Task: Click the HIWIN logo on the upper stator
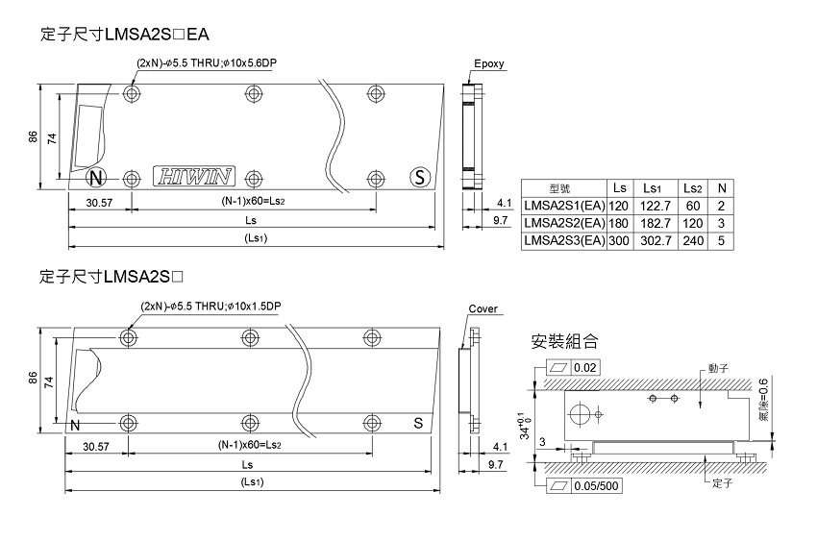click(x=193, y=178)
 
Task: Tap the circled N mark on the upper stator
click(x=95, y=178)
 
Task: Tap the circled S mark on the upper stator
click(x=419, y=178)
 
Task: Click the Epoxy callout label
click(x=488, y=65)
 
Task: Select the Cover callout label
click(x=483, y=309)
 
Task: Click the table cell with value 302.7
click(x=656, y=240)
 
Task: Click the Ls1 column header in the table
click(x=656, y=187)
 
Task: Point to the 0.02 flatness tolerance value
click(x=584, y=368)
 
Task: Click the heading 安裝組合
click(x=564, y=341)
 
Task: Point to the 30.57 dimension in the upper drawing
click(x=98, y=203)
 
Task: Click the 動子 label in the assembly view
click(x=718, y=369)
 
